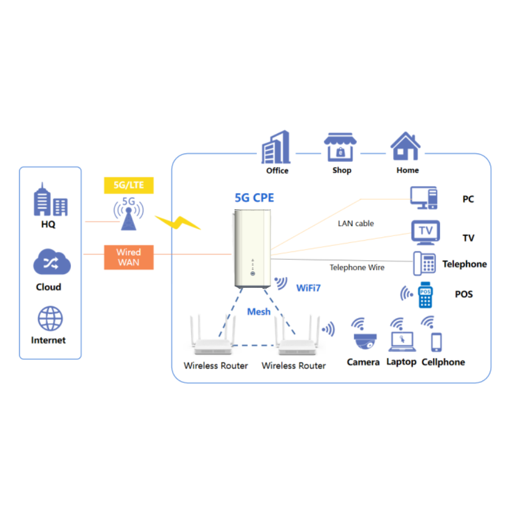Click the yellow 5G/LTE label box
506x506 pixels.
[129, 185]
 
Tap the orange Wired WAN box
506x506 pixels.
[129, 257]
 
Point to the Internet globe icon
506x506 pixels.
[50, 319]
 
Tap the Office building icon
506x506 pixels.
[276, 147]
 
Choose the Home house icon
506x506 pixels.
[406, 147]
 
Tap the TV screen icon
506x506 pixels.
[426, 232]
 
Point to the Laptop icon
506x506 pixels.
[401, 341]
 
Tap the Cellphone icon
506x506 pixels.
[436, 342]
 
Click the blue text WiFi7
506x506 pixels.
[309, 288]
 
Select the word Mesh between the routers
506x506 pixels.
[259, 311]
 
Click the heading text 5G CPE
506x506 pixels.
[254, 198]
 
